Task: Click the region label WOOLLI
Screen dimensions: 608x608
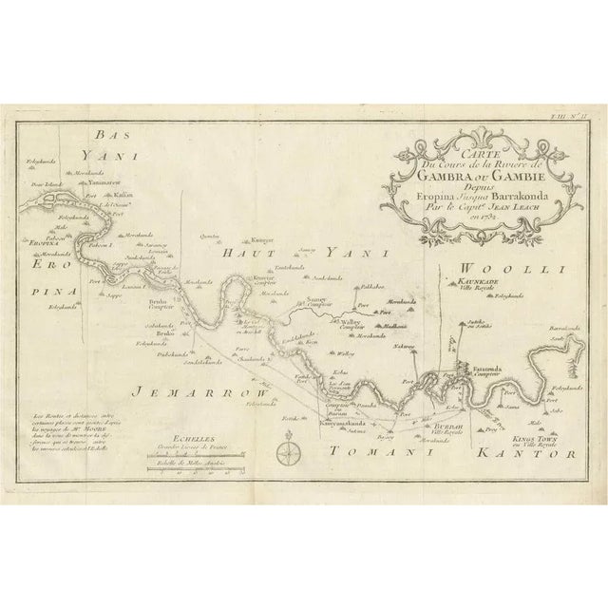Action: point(514,271)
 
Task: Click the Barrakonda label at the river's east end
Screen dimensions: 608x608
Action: point(560,328)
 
